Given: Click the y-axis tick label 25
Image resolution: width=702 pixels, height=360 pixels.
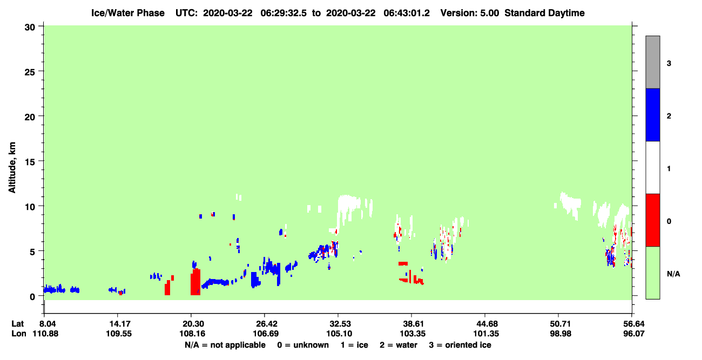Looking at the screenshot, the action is point(30,72).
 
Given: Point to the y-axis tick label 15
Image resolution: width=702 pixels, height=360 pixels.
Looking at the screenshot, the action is point(30,162).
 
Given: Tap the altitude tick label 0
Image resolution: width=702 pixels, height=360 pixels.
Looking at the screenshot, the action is point(32,297).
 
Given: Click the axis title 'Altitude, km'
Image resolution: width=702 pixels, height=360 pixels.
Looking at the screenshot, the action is point(12,167).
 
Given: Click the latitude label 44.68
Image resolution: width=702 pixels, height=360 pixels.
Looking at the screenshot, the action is point(485,324).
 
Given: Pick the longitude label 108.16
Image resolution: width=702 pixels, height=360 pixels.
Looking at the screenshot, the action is point(192,334).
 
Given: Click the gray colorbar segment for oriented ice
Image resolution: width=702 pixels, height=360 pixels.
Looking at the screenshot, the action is point(652,62).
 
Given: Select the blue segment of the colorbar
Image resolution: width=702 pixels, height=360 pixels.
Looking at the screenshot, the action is point(652,114).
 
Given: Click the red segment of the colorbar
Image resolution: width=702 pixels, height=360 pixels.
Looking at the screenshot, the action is point(652,220).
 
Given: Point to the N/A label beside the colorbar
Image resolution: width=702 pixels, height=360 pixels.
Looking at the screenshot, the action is point(673,274).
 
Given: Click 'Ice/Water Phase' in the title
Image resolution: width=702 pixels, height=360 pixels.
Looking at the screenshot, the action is point(128,13).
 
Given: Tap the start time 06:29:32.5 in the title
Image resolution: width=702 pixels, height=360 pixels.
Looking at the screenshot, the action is point(283,13).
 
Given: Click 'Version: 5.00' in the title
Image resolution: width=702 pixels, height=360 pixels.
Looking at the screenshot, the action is point(469,13).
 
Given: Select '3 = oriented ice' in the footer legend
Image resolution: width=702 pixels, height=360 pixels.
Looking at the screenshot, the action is point(460,345).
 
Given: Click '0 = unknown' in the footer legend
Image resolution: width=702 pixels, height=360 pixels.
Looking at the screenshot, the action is point(303,345).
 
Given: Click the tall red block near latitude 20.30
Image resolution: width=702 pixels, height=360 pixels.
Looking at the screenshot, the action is point(195,282).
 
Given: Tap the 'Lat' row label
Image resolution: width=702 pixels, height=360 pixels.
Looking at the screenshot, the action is point(17,324).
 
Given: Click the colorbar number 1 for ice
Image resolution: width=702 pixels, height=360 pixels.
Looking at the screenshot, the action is point(669,169).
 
